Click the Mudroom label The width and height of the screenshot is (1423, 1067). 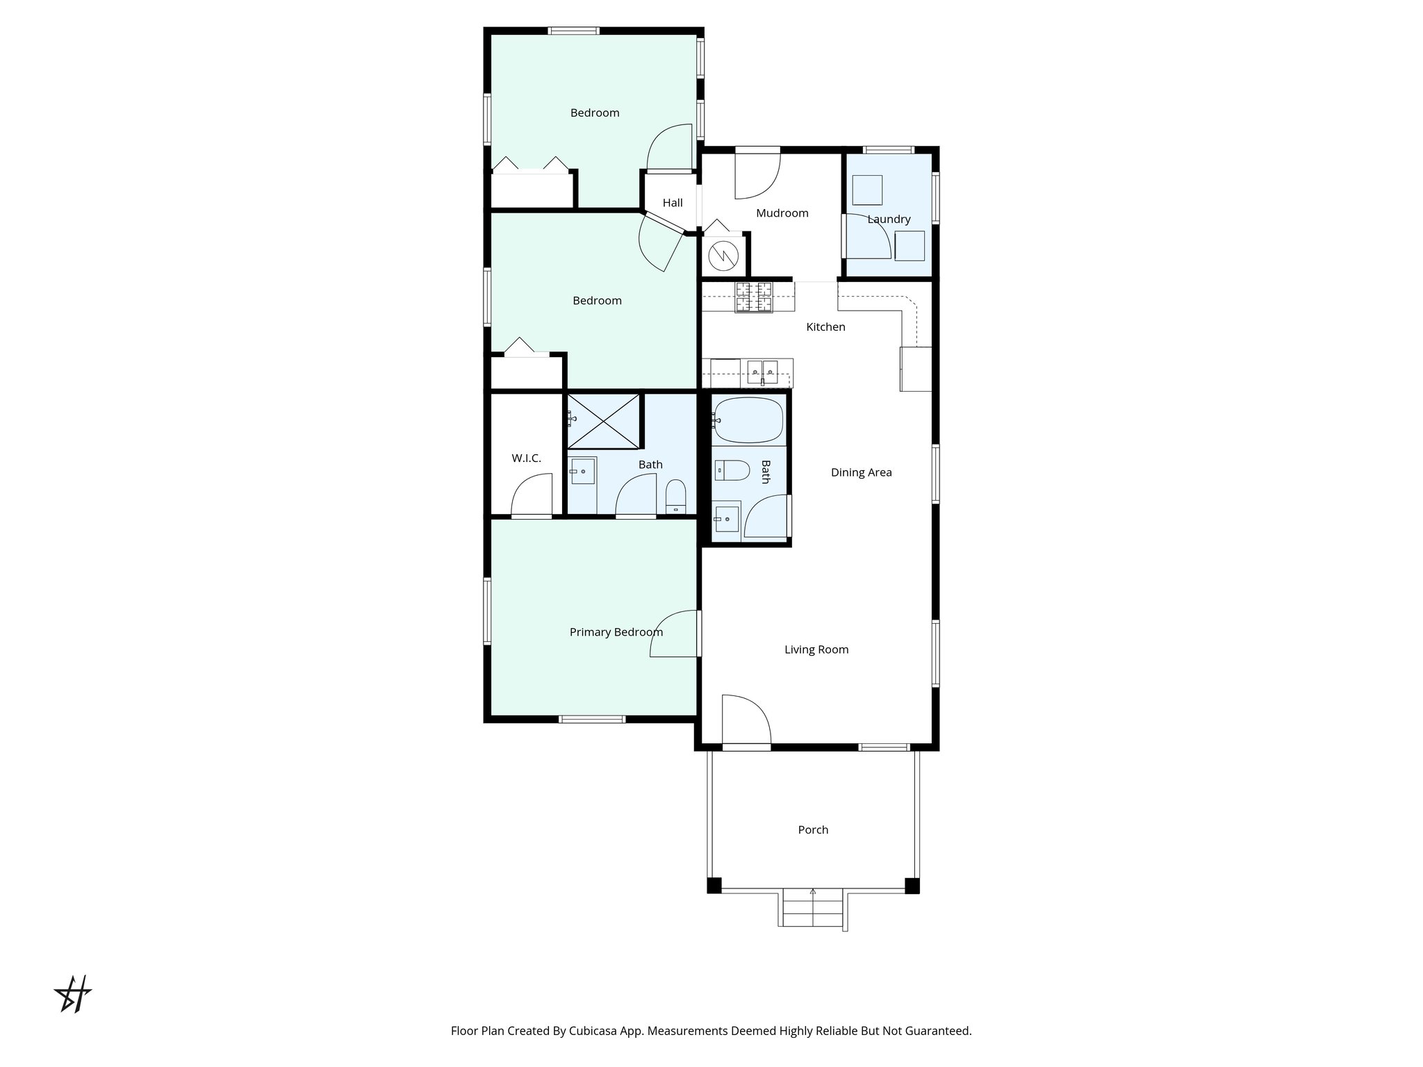(x=782, y=213)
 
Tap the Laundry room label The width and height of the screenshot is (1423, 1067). (x=889, y=220)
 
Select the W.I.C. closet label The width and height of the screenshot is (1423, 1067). (x=526, y=458)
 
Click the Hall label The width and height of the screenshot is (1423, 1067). (x=672, y=203)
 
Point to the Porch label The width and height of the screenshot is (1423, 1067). (x=813, y=829)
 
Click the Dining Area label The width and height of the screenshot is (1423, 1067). (x=861, y=472)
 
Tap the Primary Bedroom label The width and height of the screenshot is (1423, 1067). (x=616, y=632)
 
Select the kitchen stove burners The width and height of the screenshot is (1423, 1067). (x=754, y=297)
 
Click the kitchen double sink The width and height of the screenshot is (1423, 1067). (x=763, y=372)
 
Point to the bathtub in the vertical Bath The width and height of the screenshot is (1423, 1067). (x=748, y=421)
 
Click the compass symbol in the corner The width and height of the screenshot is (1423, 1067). (x=73, y=994)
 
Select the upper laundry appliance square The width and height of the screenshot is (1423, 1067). (x=867, y=190)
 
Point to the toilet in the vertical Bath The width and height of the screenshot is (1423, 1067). (x=731, y=471)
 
